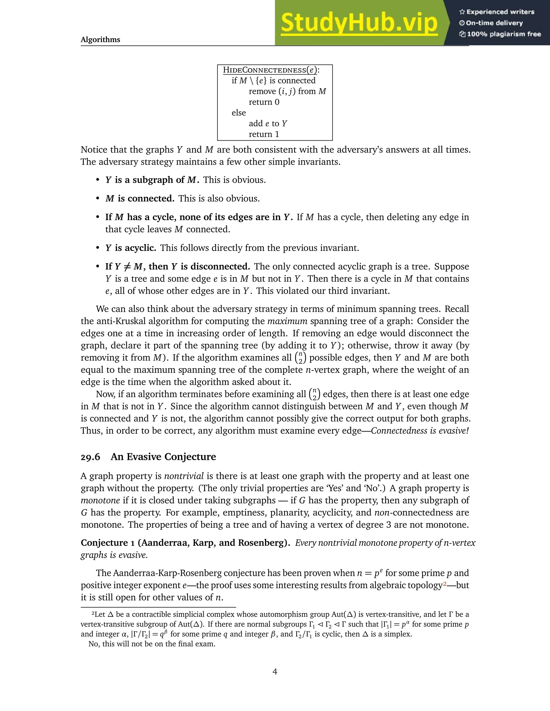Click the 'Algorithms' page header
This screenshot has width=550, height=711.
coord(100,40)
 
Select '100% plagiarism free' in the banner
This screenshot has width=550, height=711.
coord(500,34)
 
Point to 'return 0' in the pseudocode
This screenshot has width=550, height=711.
coord(264,102)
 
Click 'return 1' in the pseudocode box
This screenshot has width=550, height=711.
coord(264,134)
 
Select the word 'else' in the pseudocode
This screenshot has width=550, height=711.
coord(238,113)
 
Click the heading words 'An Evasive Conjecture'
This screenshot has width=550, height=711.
coord(163,457)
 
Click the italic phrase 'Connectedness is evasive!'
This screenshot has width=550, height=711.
coord(420,431)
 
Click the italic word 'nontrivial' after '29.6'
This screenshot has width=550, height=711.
coord(184,476)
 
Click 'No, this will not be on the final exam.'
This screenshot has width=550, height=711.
coord(152,644)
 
